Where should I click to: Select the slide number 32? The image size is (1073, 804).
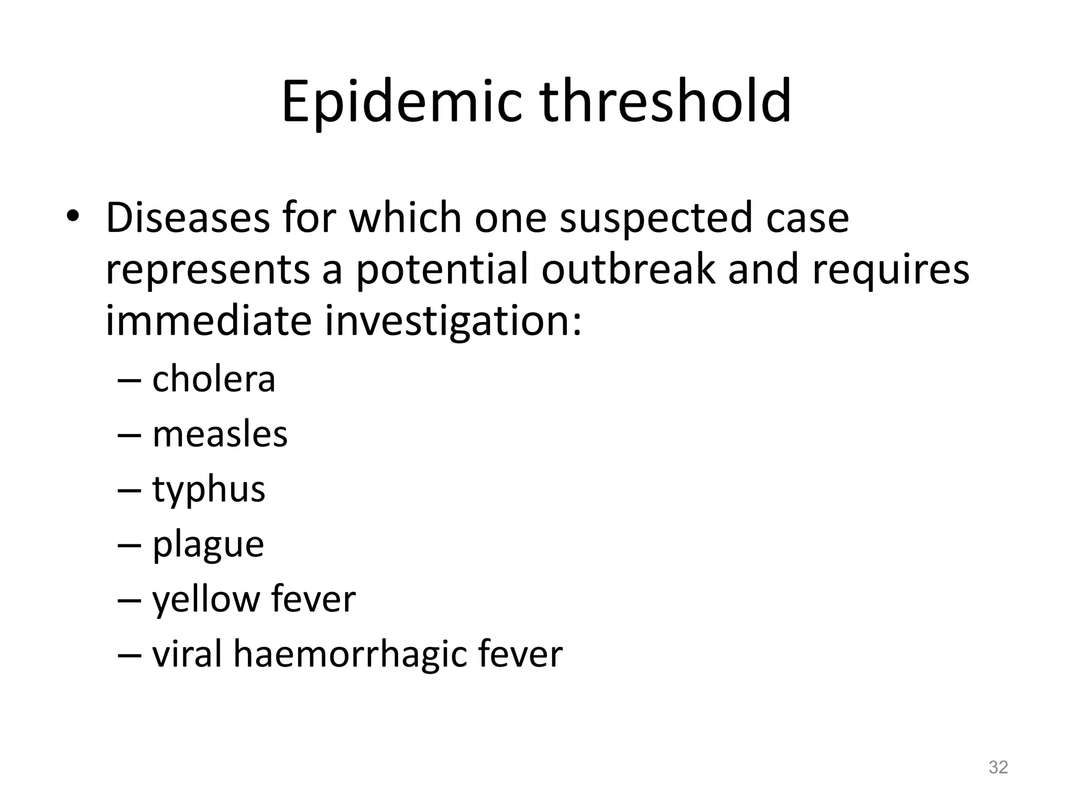pos(998,767)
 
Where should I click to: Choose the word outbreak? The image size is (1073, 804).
pos(628,270)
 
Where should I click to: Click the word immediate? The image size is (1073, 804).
pos(209,321)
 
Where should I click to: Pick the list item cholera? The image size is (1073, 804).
pos(213,379)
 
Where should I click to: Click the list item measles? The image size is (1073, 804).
pos(220,434)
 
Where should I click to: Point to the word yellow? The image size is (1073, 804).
pos(206,600)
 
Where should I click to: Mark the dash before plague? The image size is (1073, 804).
pos(129,545)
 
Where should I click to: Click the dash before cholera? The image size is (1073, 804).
pos(129,380)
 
